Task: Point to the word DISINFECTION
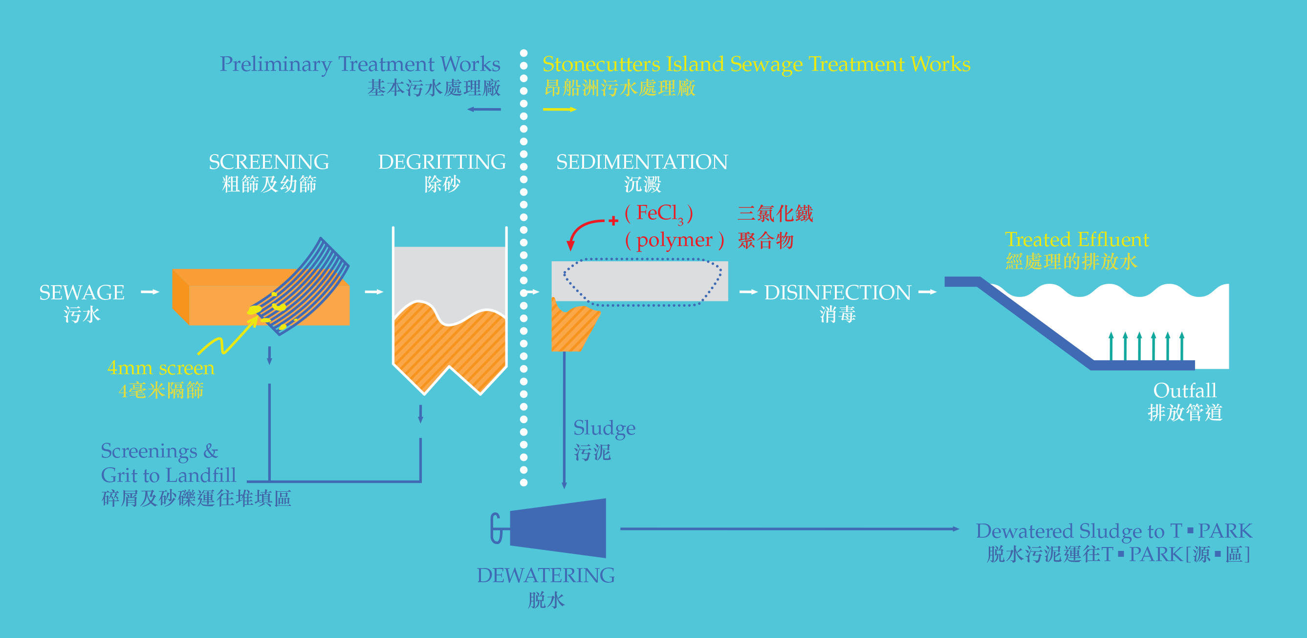pyautogui.click(x=838, y=293)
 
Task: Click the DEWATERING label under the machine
pyautogui.click(x=545, y=575)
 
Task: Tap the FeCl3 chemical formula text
pyautogui.click(x=658, y=213)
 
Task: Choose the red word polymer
pyautogui.click(x=674, y=240)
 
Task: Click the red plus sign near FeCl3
pyautogui.click(x=613, y=221)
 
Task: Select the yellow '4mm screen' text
pyautogui.click(x=161, y=368)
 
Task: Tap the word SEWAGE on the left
pyautogui.click(x=82, y=293)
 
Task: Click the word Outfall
pyautogui.click(x=1185, y=390)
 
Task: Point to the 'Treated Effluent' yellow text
pyautogui.click(x=1077, y=240)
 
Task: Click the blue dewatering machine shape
pyautogui.click(x=558, y=528)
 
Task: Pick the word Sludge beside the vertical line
pyautogui.click(x=604, y=428)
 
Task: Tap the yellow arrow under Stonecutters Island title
pyautogui.click(x=559, y=109)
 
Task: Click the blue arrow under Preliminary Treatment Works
pyautogui.click(x=484, y=109)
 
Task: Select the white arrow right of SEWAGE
pyautogui.click(x=150, y=292)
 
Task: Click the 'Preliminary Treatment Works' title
pyautogui.click(x=360, y=65)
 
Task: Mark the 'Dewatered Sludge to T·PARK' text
pyautogui.click(x=1114, y=531)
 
